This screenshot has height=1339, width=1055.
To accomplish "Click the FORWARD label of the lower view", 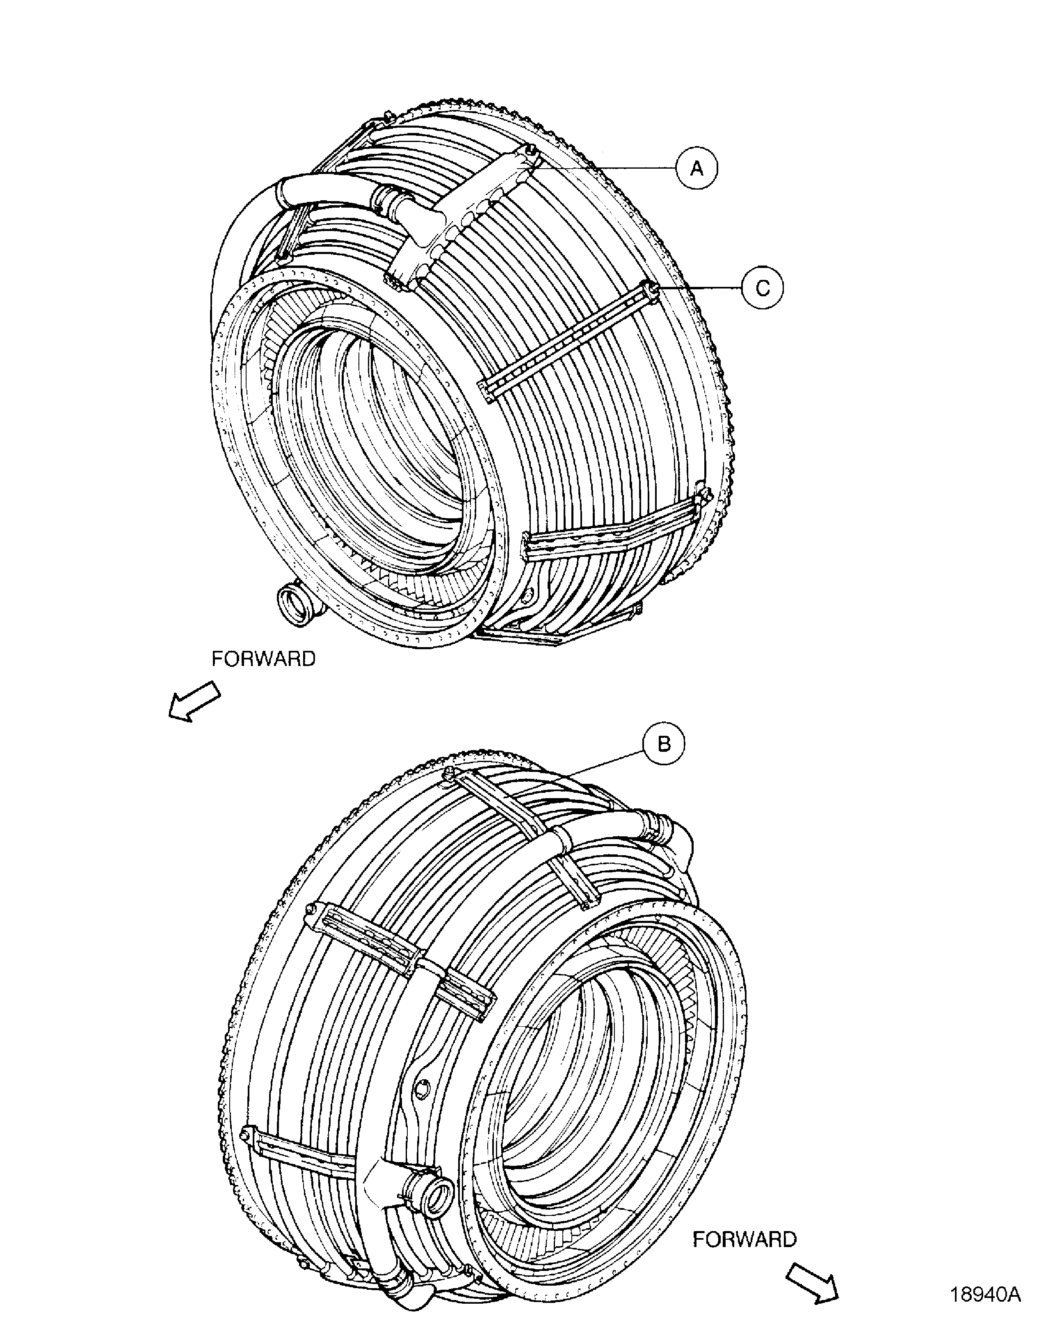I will pyautogui.click(x=744, y=1222).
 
